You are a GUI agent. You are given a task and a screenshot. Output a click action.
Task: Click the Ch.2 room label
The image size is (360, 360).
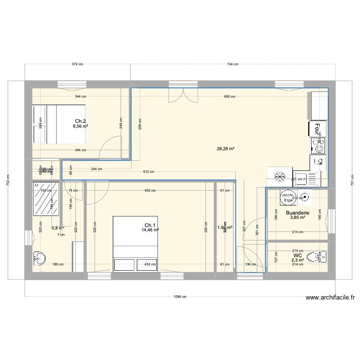click(80, 121)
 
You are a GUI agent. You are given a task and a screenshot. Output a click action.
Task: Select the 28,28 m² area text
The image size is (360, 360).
click(226, 149)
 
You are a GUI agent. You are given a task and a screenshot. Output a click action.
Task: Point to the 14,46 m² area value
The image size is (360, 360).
click(150, 230)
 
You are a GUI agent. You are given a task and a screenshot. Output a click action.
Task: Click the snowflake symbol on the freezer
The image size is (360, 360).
click(279, 177)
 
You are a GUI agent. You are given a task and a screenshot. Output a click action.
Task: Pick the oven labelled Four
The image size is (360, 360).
click(317, 128)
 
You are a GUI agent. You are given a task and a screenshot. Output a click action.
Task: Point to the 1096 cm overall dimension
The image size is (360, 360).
click(180, 297)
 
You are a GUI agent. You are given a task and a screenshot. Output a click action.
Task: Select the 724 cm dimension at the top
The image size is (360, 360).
click(232, 64)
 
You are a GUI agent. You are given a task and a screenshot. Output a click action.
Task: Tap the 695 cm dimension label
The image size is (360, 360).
click(229, 96)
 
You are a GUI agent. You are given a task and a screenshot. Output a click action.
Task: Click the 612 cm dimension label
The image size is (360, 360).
click(148, 172)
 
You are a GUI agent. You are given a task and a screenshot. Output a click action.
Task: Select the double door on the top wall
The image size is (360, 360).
click(182, 95)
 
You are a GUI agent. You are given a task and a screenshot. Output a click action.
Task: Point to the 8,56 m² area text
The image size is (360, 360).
click(80, 126)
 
